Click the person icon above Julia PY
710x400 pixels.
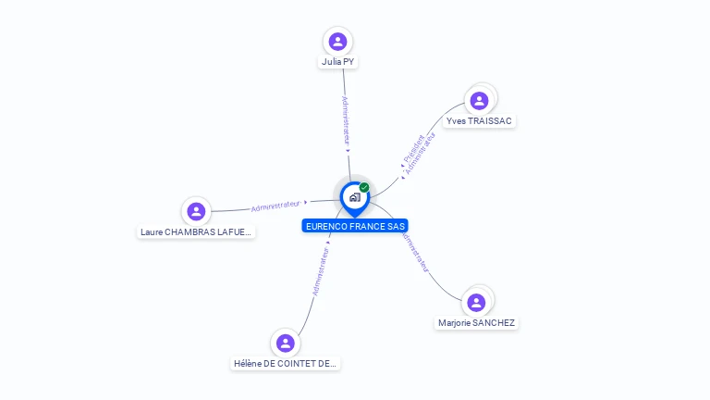(337, 42)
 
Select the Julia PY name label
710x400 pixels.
(337, 62)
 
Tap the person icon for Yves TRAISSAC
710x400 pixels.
(479, 101)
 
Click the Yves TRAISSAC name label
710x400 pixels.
(479, 121)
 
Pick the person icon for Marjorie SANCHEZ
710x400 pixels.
(476, 303)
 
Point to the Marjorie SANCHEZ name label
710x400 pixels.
(476, 323)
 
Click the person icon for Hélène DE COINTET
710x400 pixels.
(286, 344)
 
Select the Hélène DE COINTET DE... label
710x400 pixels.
(286, 364)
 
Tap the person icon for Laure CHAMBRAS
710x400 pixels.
(196, 211)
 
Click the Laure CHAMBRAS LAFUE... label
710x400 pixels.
(196, 231)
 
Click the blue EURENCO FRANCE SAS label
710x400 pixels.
(355, 226)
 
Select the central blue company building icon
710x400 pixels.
(354, 197)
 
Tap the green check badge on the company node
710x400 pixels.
(364, 187)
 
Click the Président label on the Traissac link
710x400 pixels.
(412, 148)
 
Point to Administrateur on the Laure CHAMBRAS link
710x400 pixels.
(275, 205)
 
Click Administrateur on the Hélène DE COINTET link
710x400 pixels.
(320, 271)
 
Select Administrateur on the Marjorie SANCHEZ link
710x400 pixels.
(414, 251)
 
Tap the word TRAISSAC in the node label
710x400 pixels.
(490, 121)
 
